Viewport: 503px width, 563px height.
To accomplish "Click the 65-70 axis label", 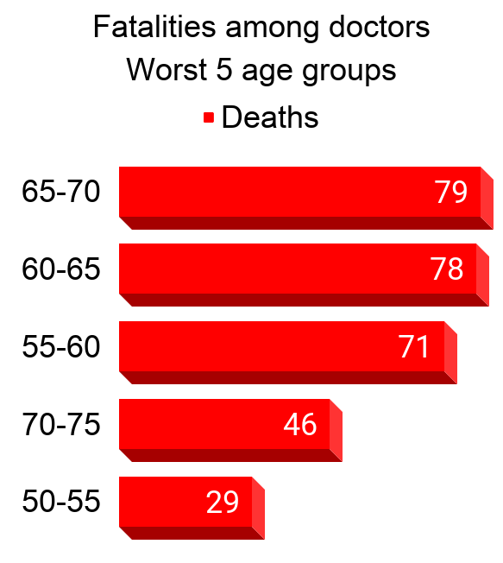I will pos(61,192).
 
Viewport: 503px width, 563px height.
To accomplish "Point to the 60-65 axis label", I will pos(61,269).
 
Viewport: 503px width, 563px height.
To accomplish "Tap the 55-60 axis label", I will pos(61,347).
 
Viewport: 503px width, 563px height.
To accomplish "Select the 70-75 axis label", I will pos(61,425).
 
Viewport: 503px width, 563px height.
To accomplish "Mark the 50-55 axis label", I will pos(61,502).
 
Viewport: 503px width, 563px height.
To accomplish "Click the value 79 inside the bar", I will pos(450,192).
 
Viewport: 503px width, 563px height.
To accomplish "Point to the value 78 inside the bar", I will pos(447,269).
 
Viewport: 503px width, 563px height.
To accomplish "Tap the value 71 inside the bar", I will pos(414,347).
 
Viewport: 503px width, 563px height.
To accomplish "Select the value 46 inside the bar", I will pos(300,425).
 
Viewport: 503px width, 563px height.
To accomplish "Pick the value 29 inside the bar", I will pos(223,502).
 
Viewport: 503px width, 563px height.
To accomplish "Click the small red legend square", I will pos(208,118).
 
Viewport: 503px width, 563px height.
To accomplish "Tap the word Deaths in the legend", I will pos(270,117).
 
